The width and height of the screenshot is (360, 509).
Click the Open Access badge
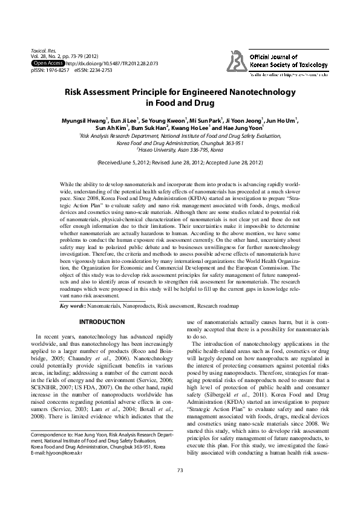pos(47,63)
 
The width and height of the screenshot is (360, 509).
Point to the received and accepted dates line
pos(180,163)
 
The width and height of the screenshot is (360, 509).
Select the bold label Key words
pos(73,306)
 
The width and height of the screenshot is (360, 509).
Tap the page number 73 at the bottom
pos(180,487)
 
